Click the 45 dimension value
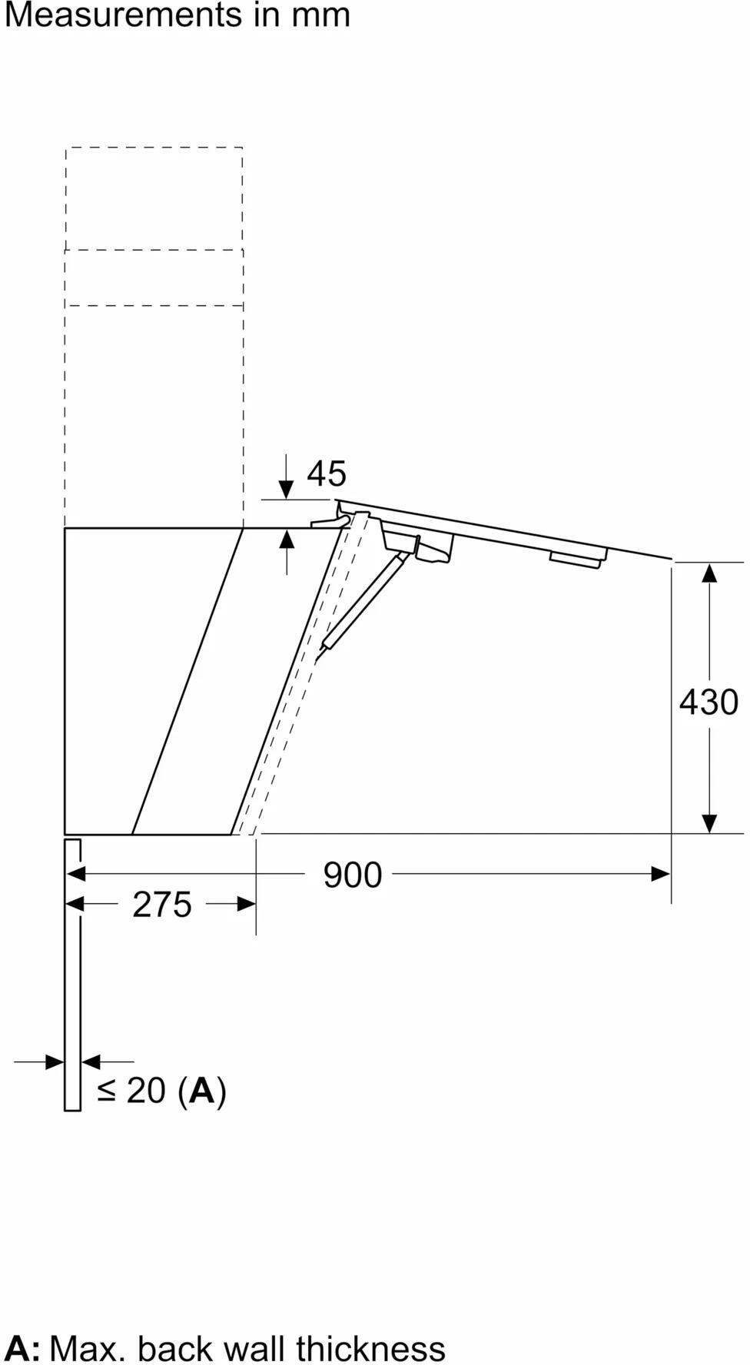(327, 473)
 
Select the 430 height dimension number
(709, 702)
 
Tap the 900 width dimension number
(352, 875)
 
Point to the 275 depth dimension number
(161, 904)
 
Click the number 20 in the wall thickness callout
(146, 1090)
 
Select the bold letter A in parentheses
(202, 1090)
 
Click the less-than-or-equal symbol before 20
(107, 1091)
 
